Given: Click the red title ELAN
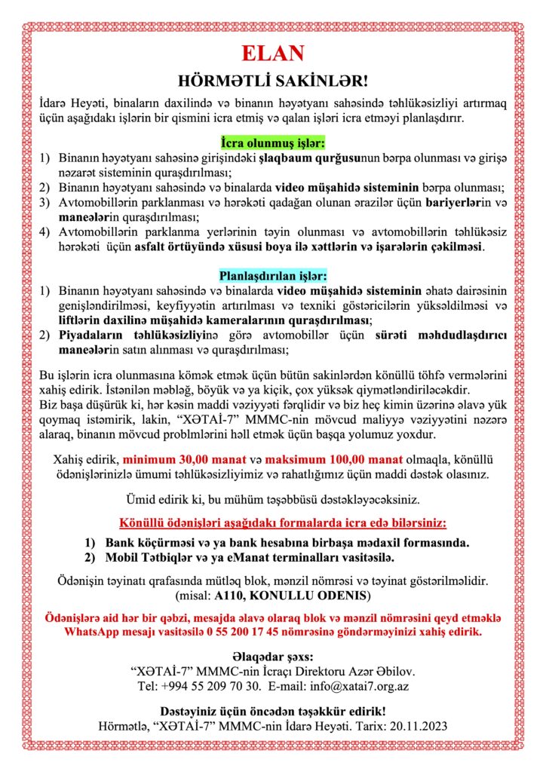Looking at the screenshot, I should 272,53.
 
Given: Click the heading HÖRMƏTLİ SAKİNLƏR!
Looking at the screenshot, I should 272,81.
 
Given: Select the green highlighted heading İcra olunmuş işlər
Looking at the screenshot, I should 273,142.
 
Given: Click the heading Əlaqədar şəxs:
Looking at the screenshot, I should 273,655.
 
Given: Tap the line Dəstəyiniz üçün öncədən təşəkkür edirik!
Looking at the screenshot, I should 273,711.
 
